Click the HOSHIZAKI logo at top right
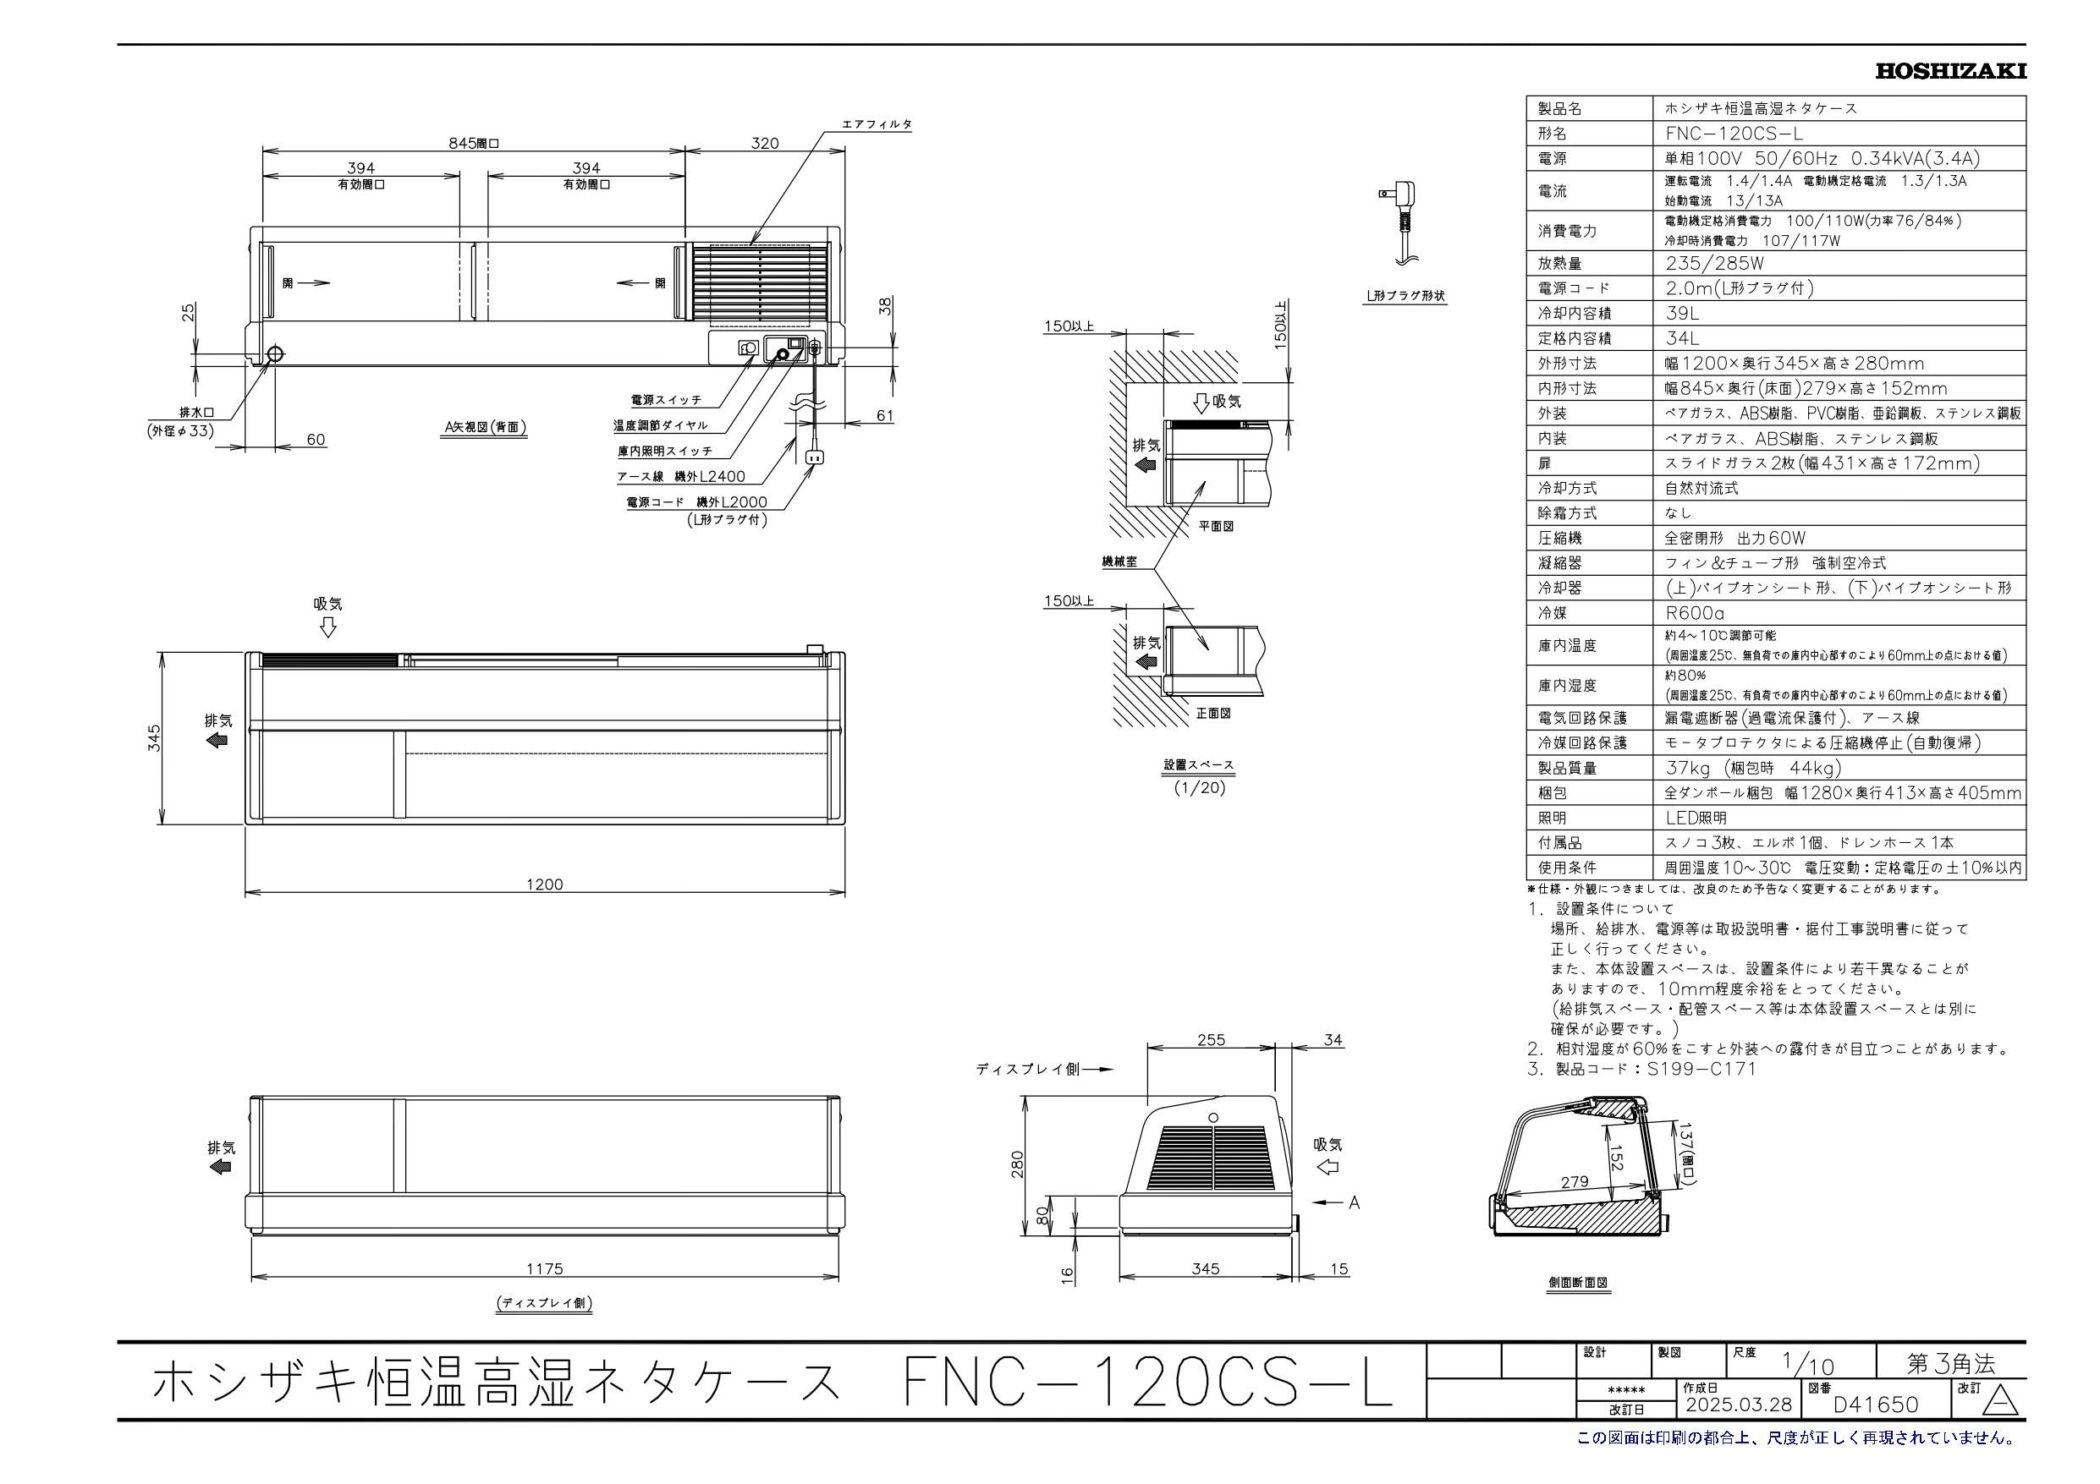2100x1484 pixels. [1950, 71]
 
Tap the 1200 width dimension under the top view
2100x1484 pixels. [545, 884]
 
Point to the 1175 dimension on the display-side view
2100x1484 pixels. [545, 1268]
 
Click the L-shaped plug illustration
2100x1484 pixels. [1400, 223]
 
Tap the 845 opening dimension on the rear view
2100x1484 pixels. [474, 143]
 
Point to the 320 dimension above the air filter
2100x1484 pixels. [765, 143]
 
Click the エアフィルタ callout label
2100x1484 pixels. [877, 124]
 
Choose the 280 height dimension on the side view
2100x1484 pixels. [1018, 1164]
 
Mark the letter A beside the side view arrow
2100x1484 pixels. [1355, 1202]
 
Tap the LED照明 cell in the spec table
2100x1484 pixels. [1696, 819]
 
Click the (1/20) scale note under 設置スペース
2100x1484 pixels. [1199, 786]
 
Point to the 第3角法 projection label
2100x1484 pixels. [1950, 1364]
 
